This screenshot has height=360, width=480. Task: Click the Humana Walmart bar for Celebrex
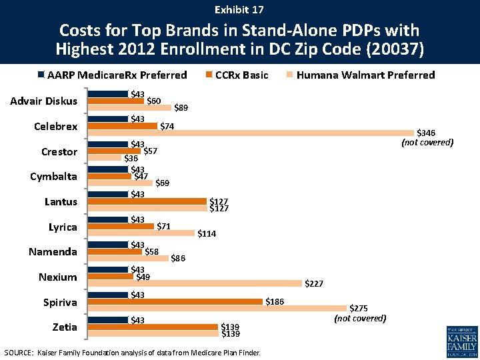(251, 133)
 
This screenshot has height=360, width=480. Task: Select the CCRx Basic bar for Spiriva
(175, 301)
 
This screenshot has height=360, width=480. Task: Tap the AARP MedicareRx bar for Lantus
(108, 194)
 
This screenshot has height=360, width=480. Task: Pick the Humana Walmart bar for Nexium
(195, 283)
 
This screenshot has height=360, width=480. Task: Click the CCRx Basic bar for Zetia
(153, 327)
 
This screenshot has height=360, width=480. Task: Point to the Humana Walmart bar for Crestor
(105, 157)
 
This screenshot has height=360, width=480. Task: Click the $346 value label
(426, 133)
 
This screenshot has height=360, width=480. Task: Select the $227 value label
(314, 284)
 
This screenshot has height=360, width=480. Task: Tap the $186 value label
(275, 301)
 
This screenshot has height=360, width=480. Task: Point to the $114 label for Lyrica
(207, 233)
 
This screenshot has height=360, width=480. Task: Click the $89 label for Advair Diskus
(181, 107)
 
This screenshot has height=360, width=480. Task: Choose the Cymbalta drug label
(53, 177)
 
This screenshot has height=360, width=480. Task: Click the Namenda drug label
(53, 252)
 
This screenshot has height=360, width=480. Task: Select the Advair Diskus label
(44, 101)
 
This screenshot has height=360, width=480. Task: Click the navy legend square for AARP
(41, 75)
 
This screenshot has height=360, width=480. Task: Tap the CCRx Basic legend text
(242, 75)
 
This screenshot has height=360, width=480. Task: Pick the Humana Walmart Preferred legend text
(366, 75)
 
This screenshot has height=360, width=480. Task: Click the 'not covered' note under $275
(360, 319)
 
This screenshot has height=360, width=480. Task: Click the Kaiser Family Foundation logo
(462, 341)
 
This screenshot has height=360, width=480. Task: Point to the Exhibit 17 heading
(239, 10)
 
